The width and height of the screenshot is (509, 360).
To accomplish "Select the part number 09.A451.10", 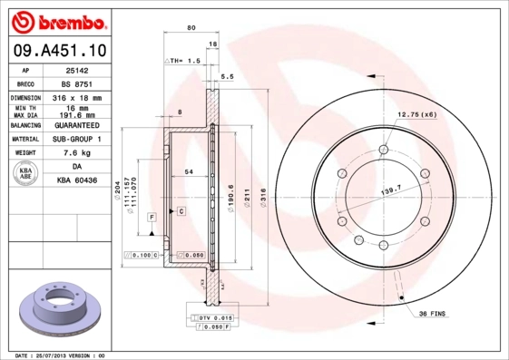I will coord(60,50).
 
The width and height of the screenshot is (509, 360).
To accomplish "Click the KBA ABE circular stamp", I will coord(25,174).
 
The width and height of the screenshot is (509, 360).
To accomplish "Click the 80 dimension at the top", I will coord(191,28).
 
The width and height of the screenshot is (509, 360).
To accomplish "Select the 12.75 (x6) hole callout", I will coord(416,114).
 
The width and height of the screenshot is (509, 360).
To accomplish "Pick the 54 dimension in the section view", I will coord(188,171).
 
